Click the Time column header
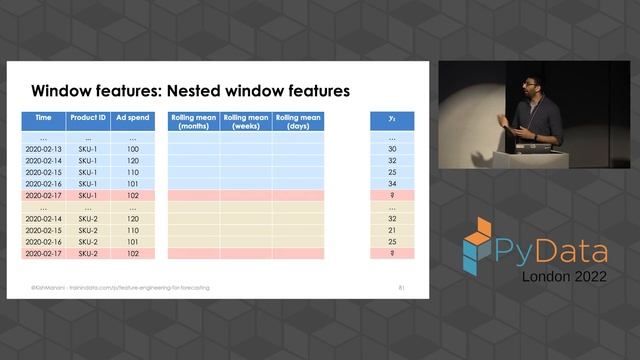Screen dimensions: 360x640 [x=44, y=118]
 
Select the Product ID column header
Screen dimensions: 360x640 [x=88, y=118]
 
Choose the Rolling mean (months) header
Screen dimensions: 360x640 [x=193, y=122]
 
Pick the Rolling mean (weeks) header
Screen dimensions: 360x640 [x=246, y=122]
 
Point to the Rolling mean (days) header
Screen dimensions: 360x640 [x=299, y=122]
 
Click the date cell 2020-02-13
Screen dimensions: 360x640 [x=44, y=149]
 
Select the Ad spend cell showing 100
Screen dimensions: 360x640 [x=133, y=149]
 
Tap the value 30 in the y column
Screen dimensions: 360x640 [x=392, y=149]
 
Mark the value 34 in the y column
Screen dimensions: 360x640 [x=392, y=184]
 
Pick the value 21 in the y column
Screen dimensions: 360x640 [x=392, y=230]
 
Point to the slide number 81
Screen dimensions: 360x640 [x=401, y=288]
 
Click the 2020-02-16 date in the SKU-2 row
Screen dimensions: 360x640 [x=44, y=242]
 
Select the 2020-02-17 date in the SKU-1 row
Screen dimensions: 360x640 [x=44, y=196]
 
